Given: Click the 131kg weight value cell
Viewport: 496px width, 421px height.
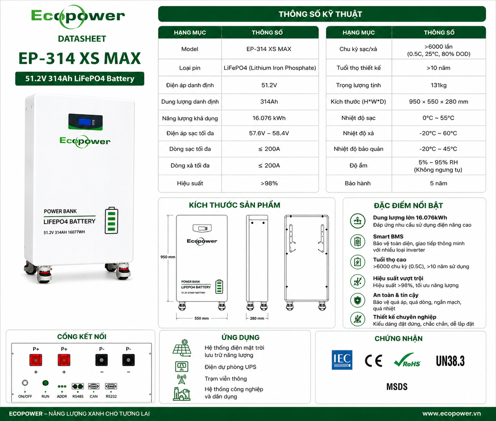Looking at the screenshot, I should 438,85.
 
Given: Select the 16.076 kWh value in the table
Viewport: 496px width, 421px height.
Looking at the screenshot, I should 269,118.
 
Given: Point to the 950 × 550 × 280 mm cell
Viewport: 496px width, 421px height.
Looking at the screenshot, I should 438,102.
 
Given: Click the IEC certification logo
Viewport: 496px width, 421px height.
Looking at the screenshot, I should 342,360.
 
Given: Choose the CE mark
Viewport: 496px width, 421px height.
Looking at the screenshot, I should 373,360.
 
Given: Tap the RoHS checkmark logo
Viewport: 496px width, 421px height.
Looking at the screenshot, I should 407,360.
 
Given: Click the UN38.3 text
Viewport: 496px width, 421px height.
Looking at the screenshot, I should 450,361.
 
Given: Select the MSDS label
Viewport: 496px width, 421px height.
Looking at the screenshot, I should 397,387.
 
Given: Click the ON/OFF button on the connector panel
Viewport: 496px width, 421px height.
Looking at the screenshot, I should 25,383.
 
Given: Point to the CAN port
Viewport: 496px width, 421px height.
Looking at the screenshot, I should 94,386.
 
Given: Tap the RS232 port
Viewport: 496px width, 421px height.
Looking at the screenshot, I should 111,386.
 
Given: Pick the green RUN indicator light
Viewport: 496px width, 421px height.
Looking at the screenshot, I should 45,383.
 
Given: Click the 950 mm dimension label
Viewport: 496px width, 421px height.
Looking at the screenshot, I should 168,257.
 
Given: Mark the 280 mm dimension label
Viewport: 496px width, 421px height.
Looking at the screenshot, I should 257,318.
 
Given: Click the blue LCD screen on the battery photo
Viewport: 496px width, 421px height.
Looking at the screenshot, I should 85,122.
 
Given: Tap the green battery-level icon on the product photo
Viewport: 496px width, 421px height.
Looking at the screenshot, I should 111,221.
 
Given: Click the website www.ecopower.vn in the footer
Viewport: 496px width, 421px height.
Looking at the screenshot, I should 452,413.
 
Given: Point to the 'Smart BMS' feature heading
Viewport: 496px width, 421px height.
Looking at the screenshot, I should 388,237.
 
